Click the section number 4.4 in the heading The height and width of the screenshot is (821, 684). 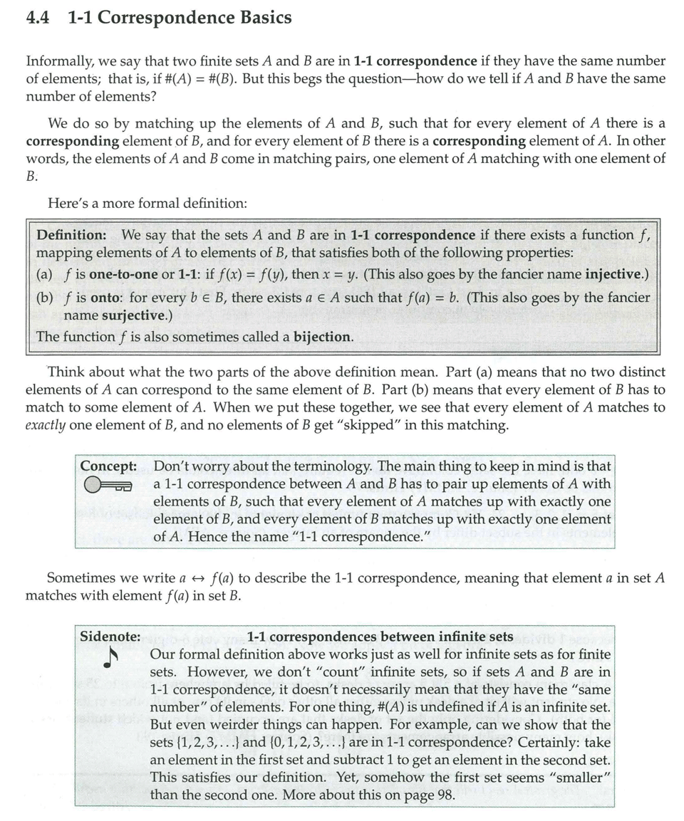coord(37,18)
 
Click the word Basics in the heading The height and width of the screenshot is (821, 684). coord(259,18)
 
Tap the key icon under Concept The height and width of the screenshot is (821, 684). coord(108,485)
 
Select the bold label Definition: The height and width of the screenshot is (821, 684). coord(71,235)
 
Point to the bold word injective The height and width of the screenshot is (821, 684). coord(615,275)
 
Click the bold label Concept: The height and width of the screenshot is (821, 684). coord(108,466)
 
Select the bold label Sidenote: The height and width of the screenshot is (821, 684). coord(110,637)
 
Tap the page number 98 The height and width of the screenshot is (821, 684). coord(445,795)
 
